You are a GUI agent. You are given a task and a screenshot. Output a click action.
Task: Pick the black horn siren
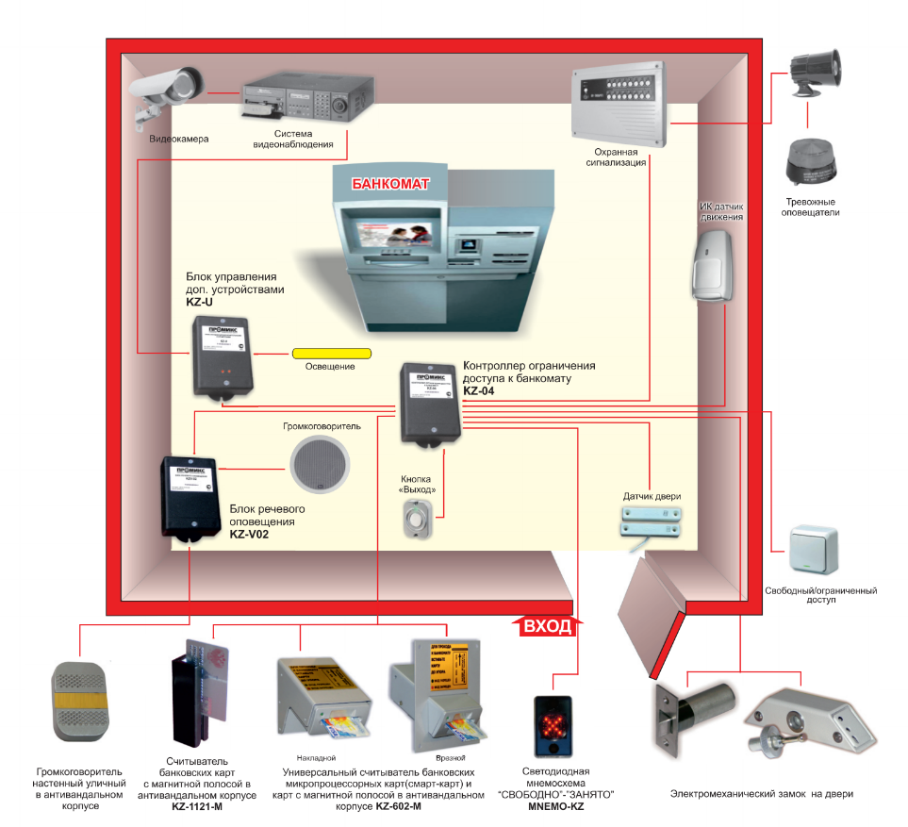[813, 71]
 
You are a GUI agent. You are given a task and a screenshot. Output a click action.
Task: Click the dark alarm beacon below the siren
[813, 164]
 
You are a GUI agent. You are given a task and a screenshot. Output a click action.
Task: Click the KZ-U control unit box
[222, 356]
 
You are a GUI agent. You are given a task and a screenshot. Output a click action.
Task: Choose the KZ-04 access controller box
[431, 402]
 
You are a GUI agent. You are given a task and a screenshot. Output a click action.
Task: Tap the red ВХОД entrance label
[547, 627]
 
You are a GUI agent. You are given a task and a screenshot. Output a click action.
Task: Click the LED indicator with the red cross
[553, 726]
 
